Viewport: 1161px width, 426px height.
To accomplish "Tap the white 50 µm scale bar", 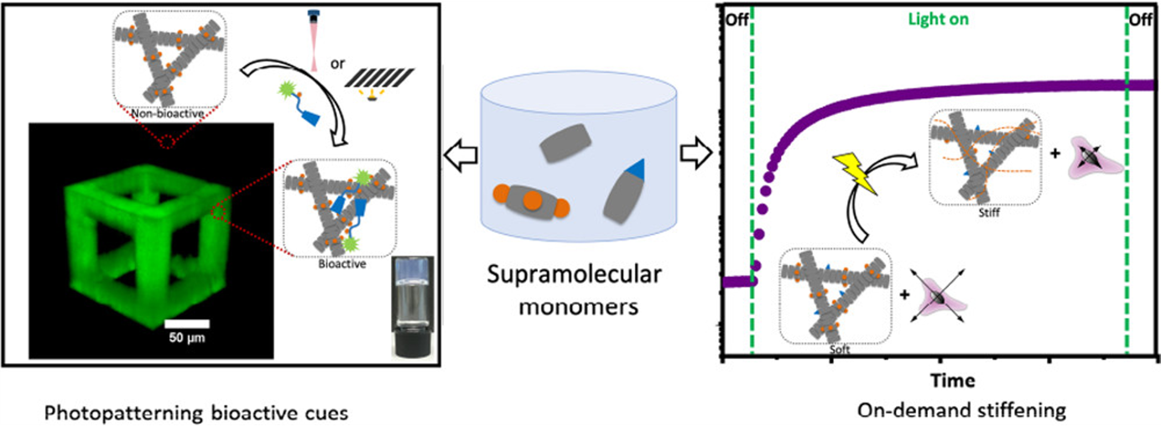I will pos(186,323).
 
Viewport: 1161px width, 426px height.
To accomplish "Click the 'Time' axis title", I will pos(952,381).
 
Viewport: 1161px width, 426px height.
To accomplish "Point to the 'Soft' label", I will pos(840,350).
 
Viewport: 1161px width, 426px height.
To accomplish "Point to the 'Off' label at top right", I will pos(1140,18).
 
